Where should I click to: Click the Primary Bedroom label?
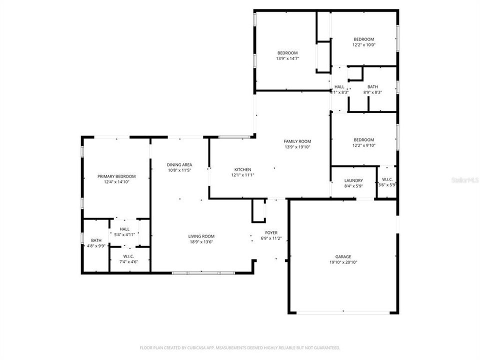tap(116, 176)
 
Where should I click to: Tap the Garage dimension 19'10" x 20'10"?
tap(343, 262)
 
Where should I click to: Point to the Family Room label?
tap(297, 141)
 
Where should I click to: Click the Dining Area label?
tap(179, 164)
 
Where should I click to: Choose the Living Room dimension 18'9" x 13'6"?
tap(201, 242)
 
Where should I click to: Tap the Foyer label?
tap(271, 233)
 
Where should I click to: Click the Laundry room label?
tap(353, 180)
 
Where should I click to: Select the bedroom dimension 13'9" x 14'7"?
tap(287, 58)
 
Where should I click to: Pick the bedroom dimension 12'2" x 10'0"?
tap(363, 45)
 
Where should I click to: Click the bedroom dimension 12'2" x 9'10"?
tap(363, 145)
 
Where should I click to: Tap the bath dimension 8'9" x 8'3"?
tap(372, 92)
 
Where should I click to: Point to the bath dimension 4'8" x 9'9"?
tap(95, 246)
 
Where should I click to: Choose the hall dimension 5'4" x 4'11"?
tap(124, 234)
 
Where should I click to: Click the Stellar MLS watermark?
tap(464, 178)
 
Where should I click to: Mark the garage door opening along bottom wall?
tap(343, 313)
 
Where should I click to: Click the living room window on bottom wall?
tap(203, 273)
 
